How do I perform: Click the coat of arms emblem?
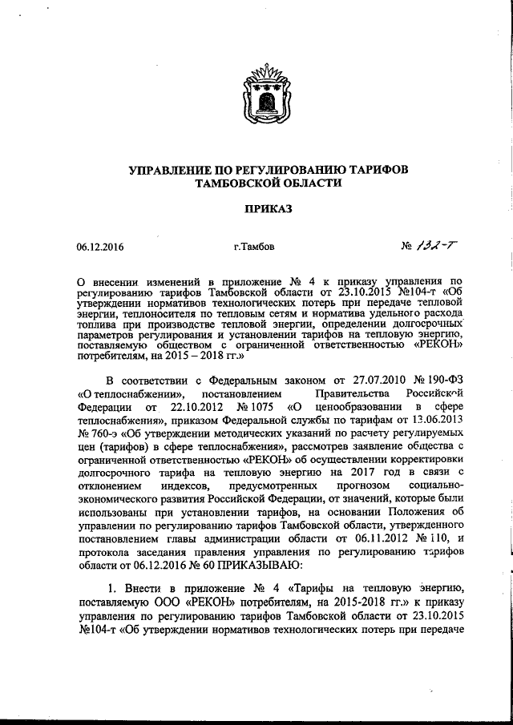tap(256, 97)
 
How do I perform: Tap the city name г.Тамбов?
tap(254, 248)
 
